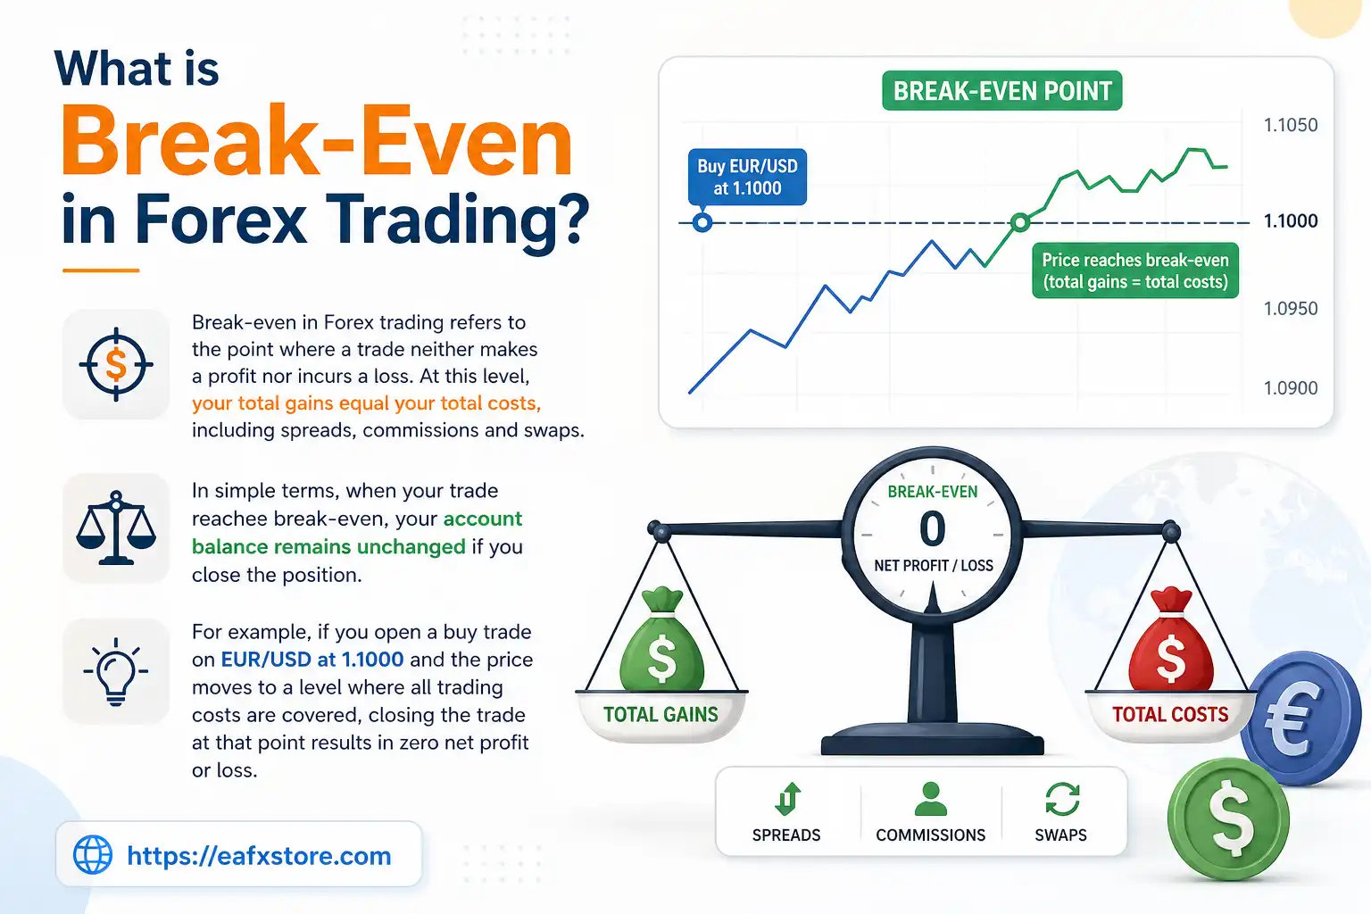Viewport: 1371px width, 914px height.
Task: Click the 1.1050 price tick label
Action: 1290,125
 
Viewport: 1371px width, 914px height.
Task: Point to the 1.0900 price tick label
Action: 1290,387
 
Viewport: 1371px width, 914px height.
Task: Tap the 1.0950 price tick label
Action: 1290,308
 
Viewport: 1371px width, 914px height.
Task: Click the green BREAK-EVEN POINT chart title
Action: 1001,91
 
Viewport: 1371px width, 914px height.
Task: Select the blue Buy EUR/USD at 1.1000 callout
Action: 747,177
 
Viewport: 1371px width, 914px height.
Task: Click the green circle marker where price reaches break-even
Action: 1019,221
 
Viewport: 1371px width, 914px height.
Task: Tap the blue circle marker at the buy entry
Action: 702,221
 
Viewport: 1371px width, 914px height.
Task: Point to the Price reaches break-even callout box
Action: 1134,270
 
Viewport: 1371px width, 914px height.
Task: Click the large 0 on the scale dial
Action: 933,528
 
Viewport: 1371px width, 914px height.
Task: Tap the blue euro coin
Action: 1302,719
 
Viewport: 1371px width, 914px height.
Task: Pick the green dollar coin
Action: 1229,818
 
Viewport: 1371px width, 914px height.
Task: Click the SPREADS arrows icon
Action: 786,799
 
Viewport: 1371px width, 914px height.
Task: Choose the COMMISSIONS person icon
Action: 930,799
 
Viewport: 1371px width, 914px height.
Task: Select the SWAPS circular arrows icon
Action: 1062,799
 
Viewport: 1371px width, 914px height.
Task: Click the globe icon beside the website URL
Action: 93,855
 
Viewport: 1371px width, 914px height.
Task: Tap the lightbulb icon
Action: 116,672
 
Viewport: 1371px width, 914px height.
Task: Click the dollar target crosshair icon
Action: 116,364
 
